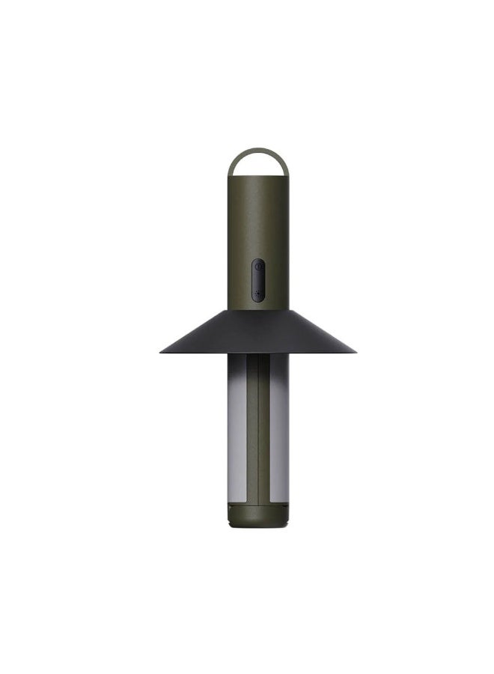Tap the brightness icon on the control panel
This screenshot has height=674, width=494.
[257, 293]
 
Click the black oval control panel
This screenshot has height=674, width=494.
[257, 279]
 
